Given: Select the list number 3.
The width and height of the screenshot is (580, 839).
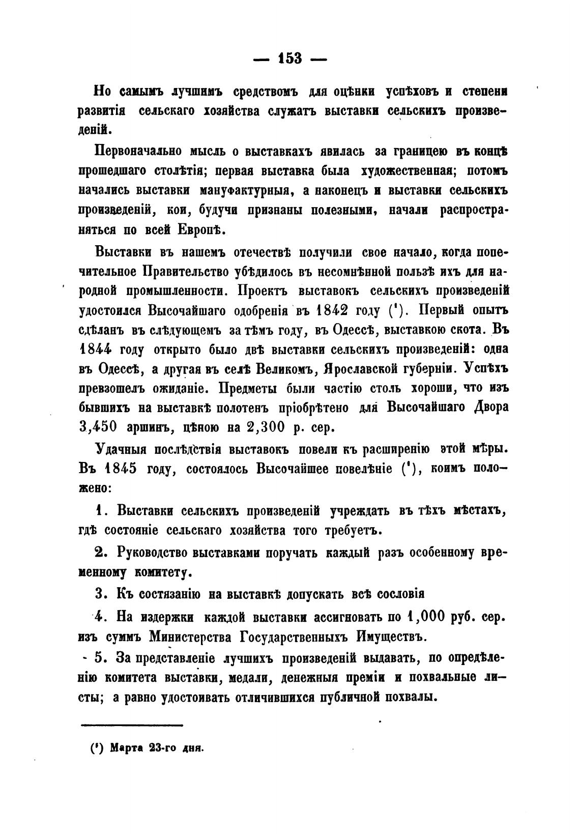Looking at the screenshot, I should pos(100,594).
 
